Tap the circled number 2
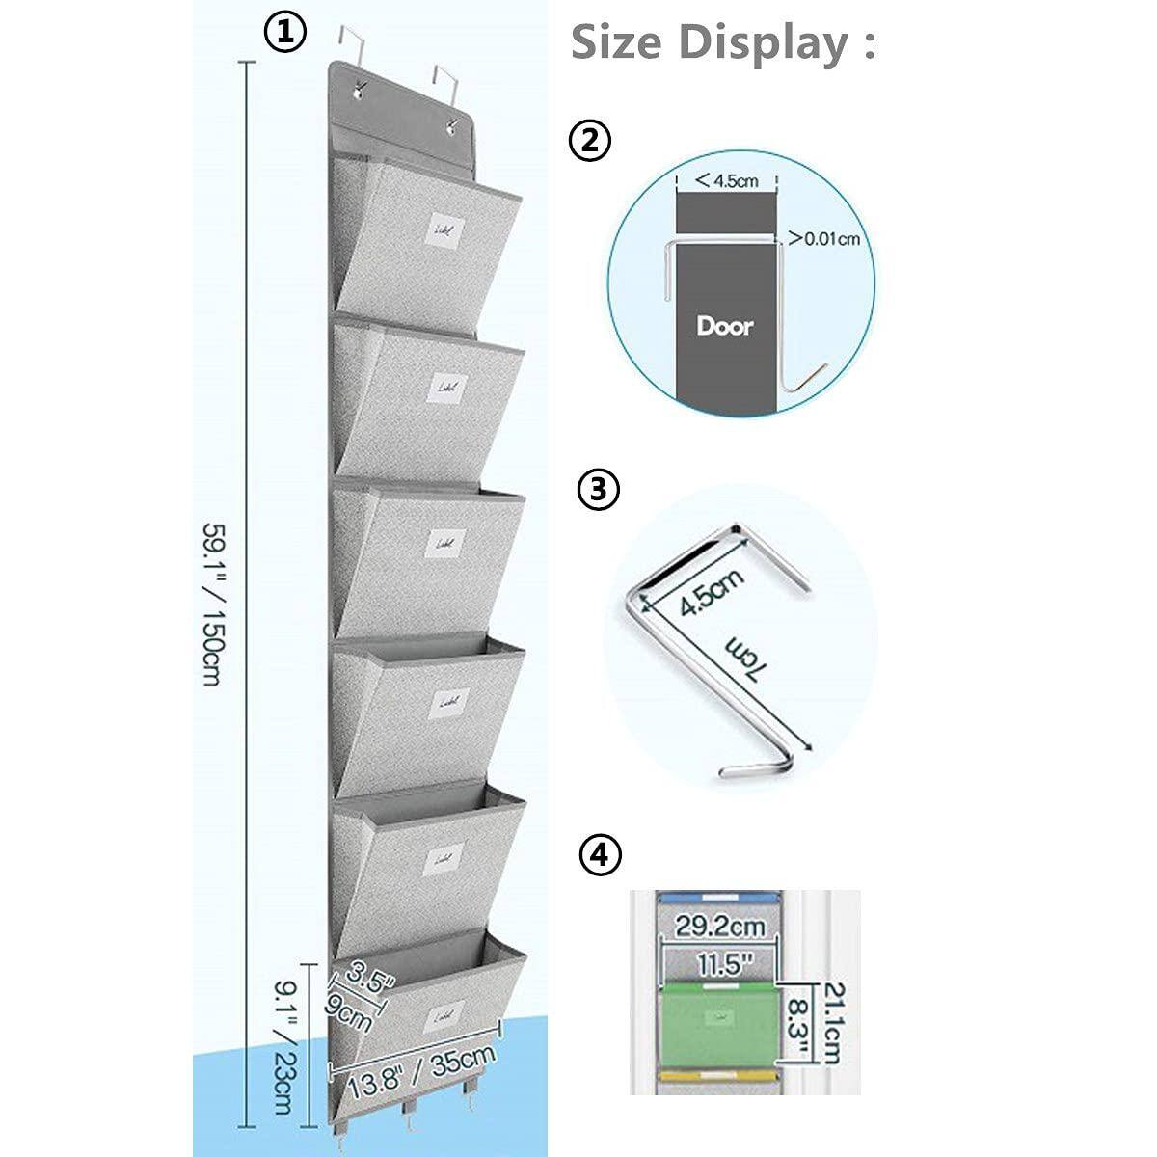pyautogui.click(x=590, y=141)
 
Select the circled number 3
pyautogui.click(x=598, y=489)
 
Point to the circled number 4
pyautogui.click(x=600, y=855)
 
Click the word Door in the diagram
pyautogui.click(x=725, y=325)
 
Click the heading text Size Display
pyautogui.click(x=723, y=43)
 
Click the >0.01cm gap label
pyautogui.click(x=824, y=238)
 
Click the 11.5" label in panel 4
pyautogui.click(x=719, y=963)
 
